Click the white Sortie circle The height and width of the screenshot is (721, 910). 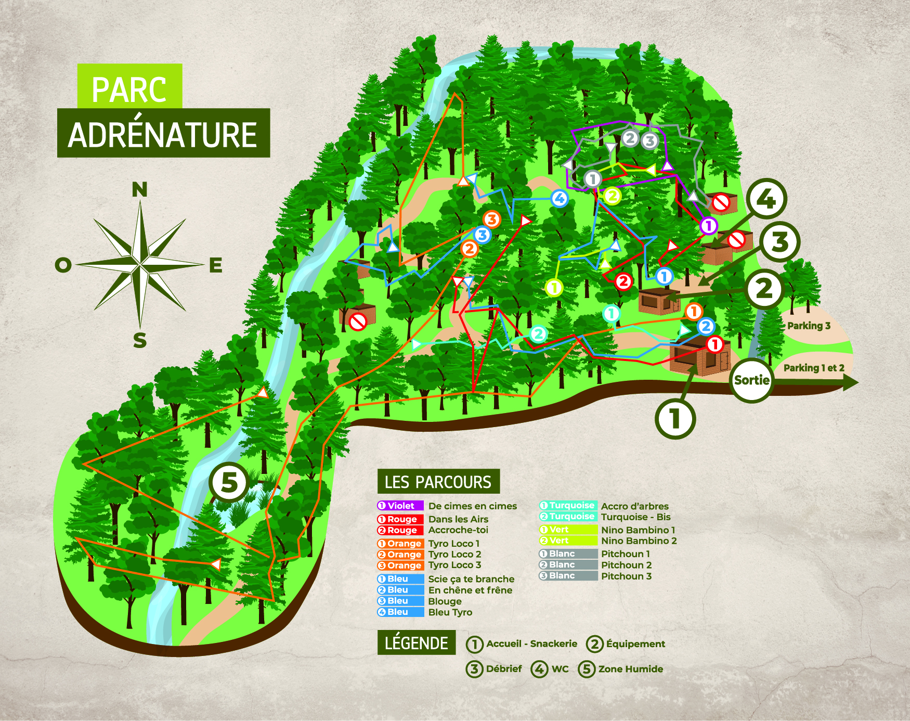coord(751,380)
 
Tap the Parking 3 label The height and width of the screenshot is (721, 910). coord(809,326)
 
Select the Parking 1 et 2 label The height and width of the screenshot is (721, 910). coord(814,368)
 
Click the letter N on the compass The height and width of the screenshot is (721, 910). coord(139,190)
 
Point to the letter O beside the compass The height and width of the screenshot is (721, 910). coord(63,265)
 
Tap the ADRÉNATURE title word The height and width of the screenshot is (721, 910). coord(163,135)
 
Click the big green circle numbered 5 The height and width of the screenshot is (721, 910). coord(229,482)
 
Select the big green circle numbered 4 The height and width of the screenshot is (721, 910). coord(766,199)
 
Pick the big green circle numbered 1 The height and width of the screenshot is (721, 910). coord(675,418)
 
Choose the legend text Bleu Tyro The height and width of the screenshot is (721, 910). coord(450,612)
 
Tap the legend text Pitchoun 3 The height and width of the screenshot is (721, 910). coord(626,576)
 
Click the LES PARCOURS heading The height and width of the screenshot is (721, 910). coord(438,482)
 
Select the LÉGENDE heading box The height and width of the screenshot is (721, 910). coord(417,643)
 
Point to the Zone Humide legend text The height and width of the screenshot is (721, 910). coord(630,669)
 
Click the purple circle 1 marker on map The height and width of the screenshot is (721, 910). coord(708,226)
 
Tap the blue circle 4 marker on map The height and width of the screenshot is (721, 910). coord(560,198)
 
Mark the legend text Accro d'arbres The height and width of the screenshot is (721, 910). coord(634,506)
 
